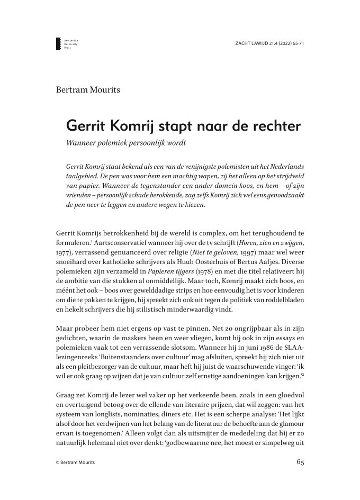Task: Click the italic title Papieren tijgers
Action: tap(172, 271)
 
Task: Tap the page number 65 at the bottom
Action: tap(300, 461)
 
